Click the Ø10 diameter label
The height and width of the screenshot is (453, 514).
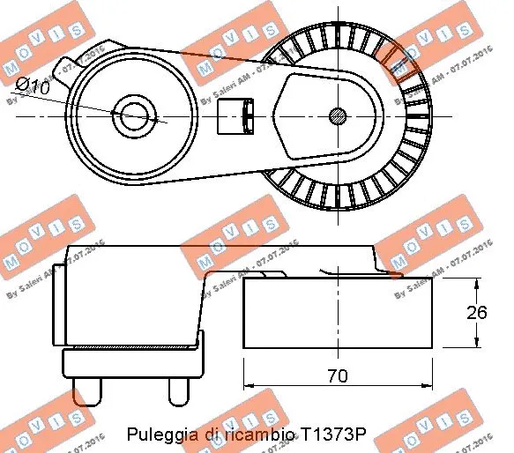(34, 85)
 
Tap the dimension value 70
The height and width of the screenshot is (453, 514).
(337, 375)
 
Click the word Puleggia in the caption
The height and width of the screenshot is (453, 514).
(155, 434)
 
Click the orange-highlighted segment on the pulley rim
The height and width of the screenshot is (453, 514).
(392, 62)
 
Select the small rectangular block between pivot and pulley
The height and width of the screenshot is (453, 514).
(235, 114)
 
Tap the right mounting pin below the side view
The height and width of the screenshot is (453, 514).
(179, 391)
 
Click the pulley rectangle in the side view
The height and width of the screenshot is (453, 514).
(337, 313)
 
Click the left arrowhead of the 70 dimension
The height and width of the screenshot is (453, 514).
(248, 386)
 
